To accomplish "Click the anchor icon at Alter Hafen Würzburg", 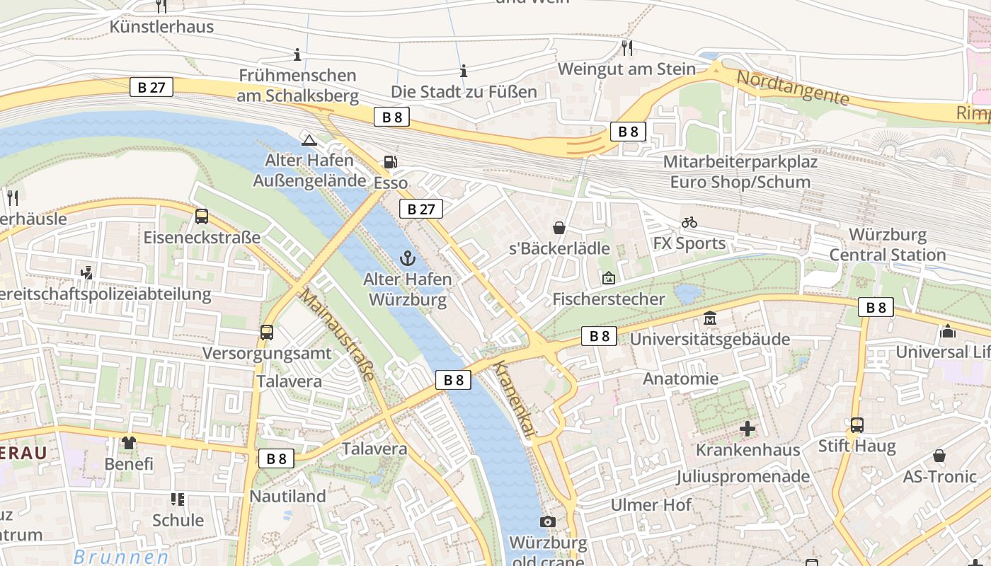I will point(406,258).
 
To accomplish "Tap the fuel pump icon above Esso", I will point(390,162).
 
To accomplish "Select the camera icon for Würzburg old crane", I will point(547,522).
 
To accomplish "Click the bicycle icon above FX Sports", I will point(689,223).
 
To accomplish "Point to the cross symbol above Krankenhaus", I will point(747,429).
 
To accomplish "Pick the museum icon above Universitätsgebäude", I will point(710,318).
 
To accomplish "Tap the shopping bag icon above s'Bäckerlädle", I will point(559,228).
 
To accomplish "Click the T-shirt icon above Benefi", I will point(129,443).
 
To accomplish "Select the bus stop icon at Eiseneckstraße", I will point(202,216).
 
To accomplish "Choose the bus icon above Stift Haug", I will point(857,425).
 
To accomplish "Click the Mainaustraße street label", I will point(336,334).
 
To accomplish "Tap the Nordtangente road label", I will point(792,88).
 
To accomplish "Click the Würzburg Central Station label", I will point(887,245).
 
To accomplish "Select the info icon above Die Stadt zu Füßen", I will point(464,71).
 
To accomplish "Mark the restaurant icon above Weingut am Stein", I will point(626,47).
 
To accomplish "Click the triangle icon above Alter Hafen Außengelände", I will point(308,139).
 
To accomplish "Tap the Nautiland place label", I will point(287,496).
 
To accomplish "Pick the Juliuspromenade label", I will point(743,476).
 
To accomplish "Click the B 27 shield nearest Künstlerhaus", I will point(151,88).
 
